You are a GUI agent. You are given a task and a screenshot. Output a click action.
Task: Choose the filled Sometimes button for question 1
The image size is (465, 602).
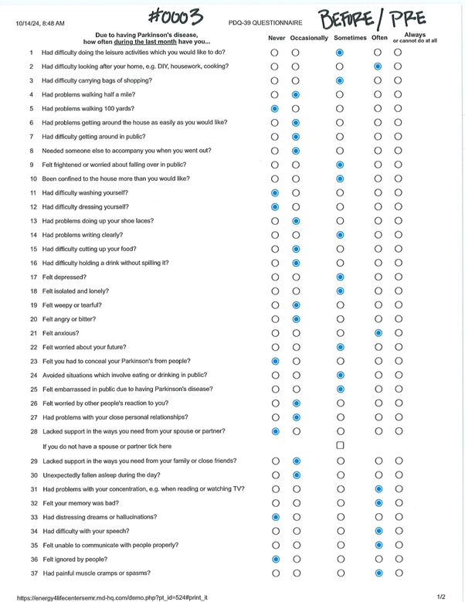pos(340,53)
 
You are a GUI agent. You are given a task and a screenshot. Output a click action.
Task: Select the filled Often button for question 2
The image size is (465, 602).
pos(378,66)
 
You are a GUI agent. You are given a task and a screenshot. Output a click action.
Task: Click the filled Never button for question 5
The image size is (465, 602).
pos(275,109)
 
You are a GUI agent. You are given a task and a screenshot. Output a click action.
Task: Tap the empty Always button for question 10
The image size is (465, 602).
pos(398,179)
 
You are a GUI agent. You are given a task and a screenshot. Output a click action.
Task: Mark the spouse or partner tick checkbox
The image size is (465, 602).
pos(340,447)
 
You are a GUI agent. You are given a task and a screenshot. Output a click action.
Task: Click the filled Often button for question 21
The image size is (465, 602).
pos(378,333)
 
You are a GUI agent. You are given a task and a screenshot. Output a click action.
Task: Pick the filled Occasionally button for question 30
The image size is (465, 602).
pos(296,474)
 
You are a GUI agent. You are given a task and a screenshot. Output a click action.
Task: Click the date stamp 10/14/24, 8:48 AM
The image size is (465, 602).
pos(40,24)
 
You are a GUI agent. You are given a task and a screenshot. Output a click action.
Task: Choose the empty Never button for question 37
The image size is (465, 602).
pos(275,573)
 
